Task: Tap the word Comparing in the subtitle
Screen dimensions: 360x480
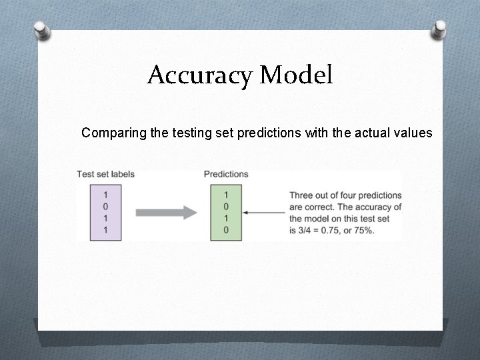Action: pyautogui.click(x=113, y=133)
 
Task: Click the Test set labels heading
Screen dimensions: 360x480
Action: pyautogui.click(x=105, y=174)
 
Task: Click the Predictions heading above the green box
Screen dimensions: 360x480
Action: pyautogui.click(x=226, y=174)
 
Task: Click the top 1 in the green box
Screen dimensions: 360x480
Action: pyautogui.click(x=226, y=195)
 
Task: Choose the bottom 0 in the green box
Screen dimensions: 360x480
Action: pyautogui.click(x=226, y=229)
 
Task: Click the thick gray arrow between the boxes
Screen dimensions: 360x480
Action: pyautogui.click(x=166, y=213)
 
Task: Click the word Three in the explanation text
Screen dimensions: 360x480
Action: pyautogui.click(x=301, y=195)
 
